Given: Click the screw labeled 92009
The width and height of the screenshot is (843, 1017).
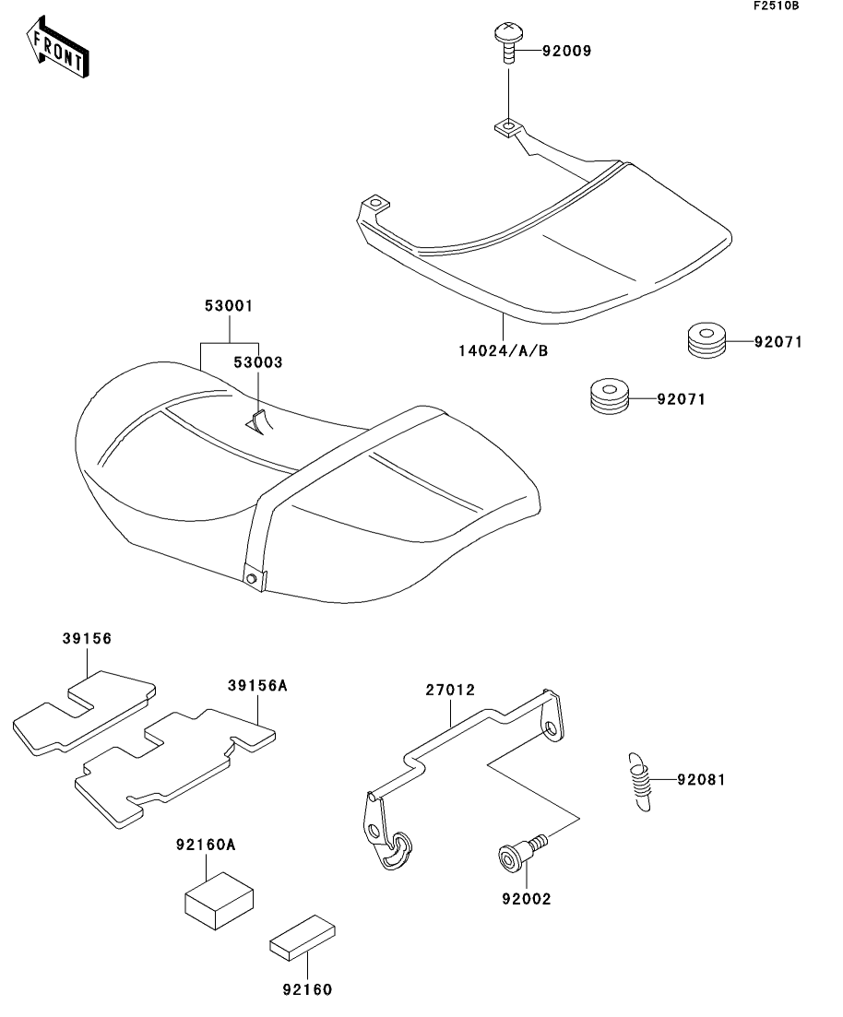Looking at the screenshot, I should (508, 41).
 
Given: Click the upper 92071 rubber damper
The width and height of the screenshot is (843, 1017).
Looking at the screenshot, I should (706, 342).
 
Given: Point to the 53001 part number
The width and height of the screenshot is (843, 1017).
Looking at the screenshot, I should (230, 305).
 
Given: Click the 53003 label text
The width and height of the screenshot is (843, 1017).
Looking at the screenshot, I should (257, 362).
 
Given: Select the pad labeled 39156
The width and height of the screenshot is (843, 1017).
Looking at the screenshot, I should (83, 714).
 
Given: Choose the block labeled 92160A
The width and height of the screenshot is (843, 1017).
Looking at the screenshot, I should (220, 898).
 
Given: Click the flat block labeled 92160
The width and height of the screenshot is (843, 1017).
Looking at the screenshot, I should (303, 938).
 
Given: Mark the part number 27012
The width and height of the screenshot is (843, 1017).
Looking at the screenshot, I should (451, 689).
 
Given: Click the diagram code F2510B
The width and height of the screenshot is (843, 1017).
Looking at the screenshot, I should (776, 6).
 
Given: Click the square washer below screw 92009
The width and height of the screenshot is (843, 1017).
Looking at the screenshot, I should (508, 124).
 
